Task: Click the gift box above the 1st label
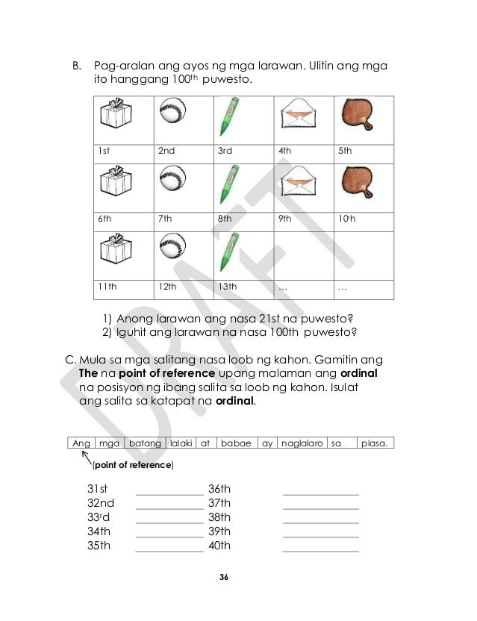tap(115, 116)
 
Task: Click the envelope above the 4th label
tap(295, 116)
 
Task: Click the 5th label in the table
tap(345, 151)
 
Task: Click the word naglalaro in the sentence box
tap(302, 443)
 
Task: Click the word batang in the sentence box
tap(145, 443)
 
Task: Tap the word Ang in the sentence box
tap(81, 443)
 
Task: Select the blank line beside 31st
tap(169, 493)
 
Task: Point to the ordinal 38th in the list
tap(219, 517)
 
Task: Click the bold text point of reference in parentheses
tap(133, 465)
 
